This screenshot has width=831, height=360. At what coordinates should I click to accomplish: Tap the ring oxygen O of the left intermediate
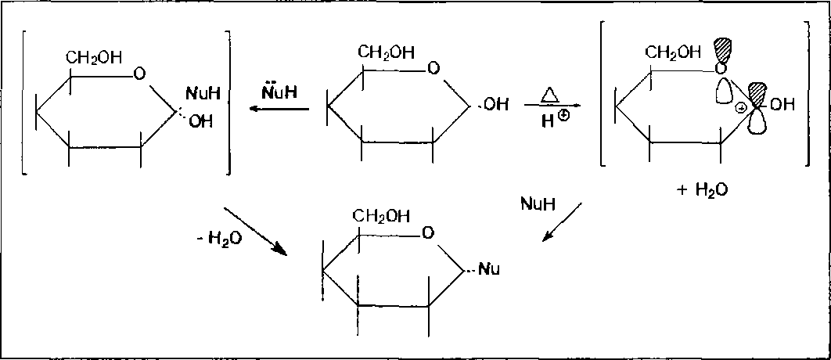point(138,75)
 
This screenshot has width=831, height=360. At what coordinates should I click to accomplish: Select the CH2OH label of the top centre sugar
point(387,52)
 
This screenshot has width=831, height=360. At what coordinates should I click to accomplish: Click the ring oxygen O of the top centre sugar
point(433,70)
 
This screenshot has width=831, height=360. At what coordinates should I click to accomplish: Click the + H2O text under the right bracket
point(705,190)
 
